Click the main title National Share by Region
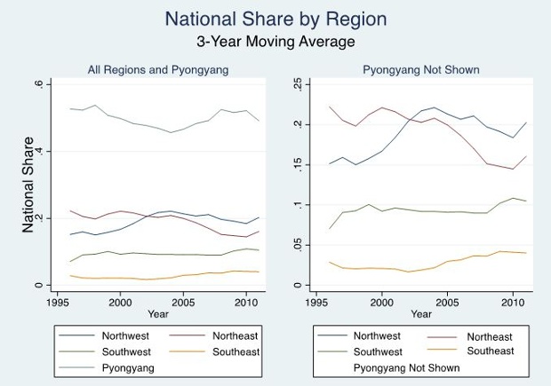coord(275,19)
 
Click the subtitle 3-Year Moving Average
coord(275,42)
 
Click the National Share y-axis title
coord(28,185)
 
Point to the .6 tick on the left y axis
coord(38,83)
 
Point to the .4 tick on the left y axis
coord(38,151)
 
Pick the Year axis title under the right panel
coord(412,314)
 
